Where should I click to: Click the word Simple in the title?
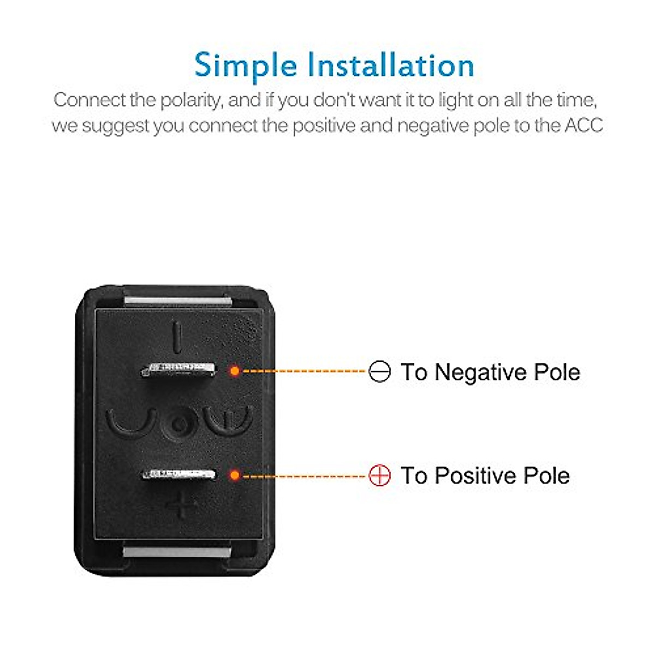click(245, 65)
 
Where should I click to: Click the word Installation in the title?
click(390, 65)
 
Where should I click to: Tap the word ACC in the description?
click(583, 126)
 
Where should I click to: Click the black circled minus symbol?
click(379, 372)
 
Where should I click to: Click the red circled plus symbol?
click(379, 475)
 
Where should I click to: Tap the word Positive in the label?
click(473, 475)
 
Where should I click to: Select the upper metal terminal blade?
click(178, 370)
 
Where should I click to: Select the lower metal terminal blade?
click(178, 474)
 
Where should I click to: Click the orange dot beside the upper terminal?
click(235, 371)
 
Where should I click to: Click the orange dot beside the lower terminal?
click(235, 475)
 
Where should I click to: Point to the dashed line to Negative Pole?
click(303, 371)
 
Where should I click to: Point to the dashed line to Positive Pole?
click(303, 475)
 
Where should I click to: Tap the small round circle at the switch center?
click(179, 424)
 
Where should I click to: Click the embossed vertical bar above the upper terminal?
click(176, 336)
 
